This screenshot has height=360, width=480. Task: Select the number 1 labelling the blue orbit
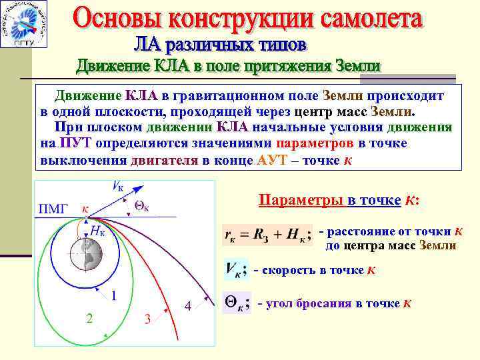115,295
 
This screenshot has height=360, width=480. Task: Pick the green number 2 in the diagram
89,318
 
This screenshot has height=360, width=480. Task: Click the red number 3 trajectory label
147,319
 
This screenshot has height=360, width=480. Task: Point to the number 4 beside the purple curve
189,306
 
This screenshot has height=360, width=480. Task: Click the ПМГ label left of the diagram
53,210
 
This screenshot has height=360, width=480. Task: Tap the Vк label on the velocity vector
117,187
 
